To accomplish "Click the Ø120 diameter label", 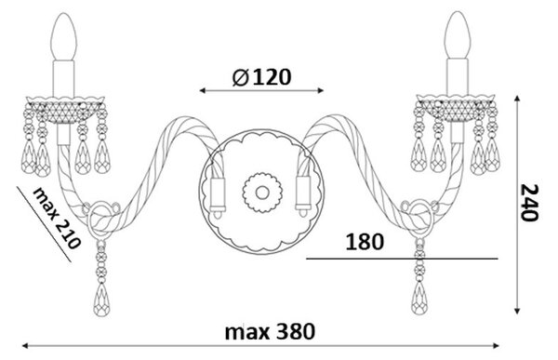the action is click(261, 77).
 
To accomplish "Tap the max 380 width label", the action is click(270, 331).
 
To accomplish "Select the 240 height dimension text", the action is click(529, 203).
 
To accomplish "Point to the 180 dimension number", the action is click(365, 242).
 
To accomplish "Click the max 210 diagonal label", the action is click(57, 218).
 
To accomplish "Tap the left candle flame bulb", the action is click(63, 36).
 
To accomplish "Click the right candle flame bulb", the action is click(458, 35).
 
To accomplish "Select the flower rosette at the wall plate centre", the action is click(262, 193).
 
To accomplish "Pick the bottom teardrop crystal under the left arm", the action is click(101, 300).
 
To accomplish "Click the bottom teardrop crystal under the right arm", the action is click(419, 298).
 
